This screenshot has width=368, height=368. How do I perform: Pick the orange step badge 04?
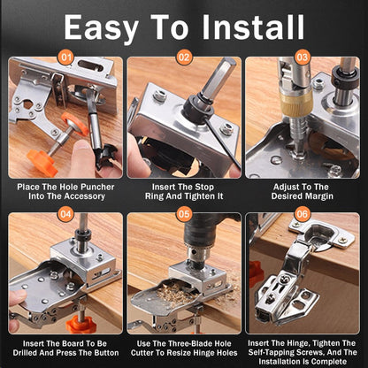[x=64, y=214]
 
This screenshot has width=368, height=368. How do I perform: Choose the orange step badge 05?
[x=183, y=214]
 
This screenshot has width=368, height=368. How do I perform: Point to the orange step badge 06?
[x=303, y=214]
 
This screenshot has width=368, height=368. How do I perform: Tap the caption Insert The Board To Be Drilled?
[x=65, y=346]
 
